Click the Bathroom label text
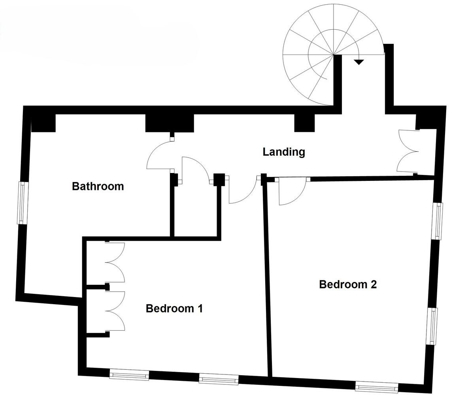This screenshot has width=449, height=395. (98, 186)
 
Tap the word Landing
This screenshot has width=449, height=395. (284, 152)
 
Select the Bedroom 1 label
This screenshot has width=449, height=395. (174, 308)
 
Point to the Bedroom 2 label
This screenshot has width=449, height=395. (348, 284)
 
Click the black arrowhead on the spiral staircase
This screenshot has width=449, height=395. (358, 62)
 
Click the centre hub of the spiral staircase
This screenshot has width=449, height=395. (334, 55)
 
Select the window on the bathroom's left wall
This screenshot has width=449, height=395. (23, 203)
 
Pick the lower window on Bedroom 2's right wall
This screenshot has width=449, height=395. (434, 326)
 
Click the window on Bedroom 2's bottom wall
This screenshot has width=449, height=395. (375, 386)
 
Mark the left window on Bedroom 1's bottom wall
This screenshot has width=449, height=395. (129, 374)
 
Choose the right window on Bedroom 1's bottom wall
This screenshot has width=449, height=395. (219, 380)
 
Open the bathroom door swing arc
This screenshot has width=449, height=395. (158, 156)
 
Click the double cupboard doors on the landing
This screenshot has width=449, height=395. (407, 151)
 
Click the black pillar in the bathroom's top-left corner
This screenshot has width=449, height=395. (43, 122)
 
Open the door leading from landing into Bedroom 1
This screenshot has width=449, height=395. (241, 192)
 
